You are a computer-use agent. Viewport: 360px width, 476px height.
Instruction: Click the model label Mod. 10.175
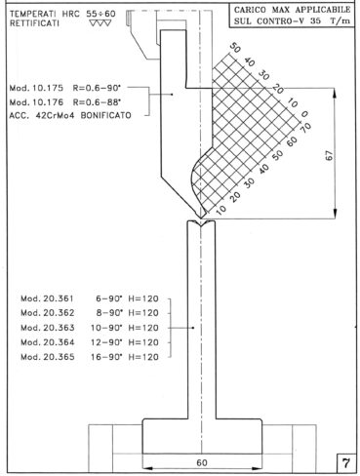click(36, 88)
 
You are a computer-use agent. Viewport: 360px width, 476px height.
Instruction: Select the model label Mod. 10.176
click(36, 102)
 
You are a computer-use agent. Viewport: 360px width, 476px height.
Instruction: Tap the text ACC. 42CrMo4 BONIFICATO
click(70, 115)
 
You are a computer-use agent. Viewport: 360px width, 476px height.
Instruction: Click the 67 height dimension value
click(330, 155)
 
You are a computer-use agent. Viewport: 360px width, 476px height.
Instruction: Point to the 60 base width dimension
click(202, 462)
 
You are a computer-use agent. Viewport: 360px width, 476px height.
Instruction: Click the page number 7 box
click(345, 462)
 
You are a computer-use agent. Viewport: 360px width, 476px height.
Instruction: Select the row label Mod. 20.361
click(48, 298)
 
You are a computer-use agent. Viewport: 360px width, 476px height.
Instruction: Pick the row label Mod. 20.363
click(48, 328)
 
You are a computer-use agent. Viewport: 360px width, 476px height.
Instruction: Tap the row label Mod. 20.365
click(48, 357)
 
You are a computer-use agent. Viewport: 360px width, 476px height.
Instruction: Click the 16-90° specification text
click(107, 357)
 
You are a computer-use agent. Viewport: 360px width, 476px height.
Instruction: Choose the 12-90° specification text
click(107, 342)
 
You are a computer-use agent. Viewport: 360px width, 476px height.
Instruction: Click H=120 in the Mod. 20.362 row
click(143, 313)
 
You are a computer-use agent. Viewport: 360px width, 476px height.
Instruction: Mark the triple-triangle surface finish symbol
click(100, 23)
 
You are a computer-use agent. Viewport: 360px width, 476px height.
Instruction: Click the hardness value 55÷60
click(100, 14)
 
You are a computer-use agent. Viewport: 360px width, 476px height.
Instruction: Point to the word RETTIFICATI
click(34, 23)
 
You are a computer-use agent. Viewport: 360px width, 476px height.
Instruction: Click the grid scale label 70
click(306, 127)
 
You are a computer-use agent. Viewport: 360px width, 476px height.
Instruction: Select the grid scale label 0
click(304, 114)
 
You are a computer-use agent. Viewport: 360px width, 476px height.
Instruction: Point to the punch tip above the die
click(202, 218)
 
